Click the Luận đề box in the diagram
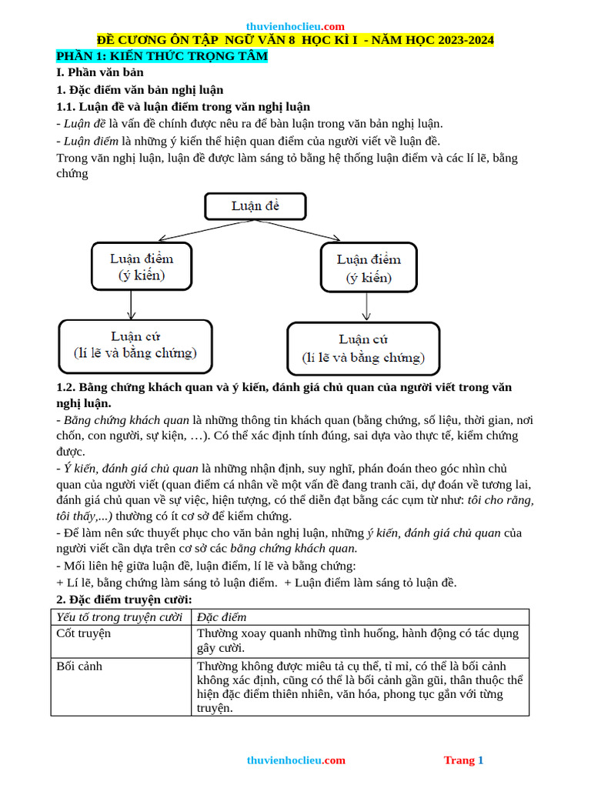[255, 206]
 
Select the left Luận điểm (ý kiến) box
[142, 266]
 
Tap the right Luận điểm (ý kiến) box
[369, 268]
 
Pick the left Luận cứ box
[135, 345]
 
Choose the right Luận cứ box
[363, 349]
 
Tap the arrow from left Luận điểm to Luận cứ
[132, 305]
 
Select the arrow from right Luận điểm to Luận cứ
[366, 307]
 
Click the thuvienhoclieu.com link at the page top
[295, 26]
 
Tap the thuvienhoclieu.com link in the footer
[295, 760]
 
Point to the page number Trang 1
[463, 760]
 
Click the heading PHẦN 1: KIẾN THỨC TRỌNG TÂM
[162, 56]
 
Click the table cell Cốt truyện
[84, 633]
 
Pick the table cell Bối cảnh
[79, 666]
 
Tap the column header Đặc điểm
[222, 617]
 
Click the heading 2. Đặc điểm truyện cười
[125, 599]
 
